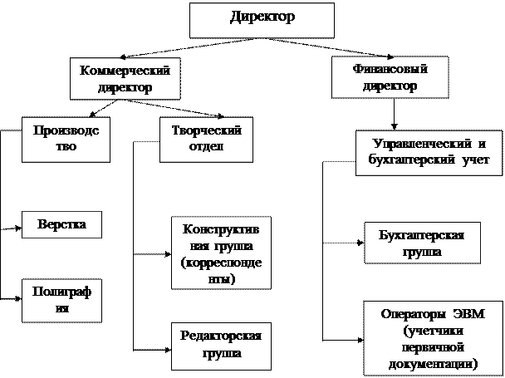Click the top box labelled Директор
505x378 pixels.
click(262, 20)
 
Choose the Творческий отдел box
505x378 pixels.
click(205, 138)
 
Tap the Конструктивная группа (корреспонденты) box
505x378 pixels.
click(219, 253)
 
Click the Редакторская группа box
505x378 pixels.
click(221, 345)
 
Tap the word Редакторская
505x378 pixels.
click(221, 336)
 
